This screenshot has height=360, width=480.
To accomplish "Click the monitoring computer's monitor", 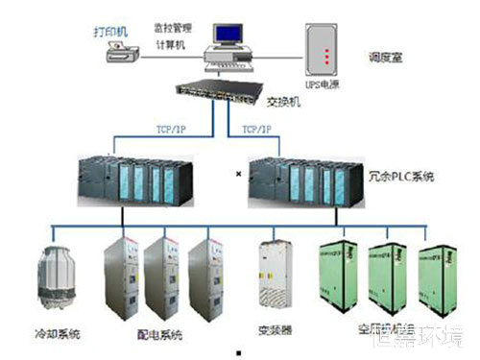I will (x=231, y=35).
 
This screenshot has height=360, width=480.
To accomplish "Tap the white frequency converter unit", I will (x=275, y=277).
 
